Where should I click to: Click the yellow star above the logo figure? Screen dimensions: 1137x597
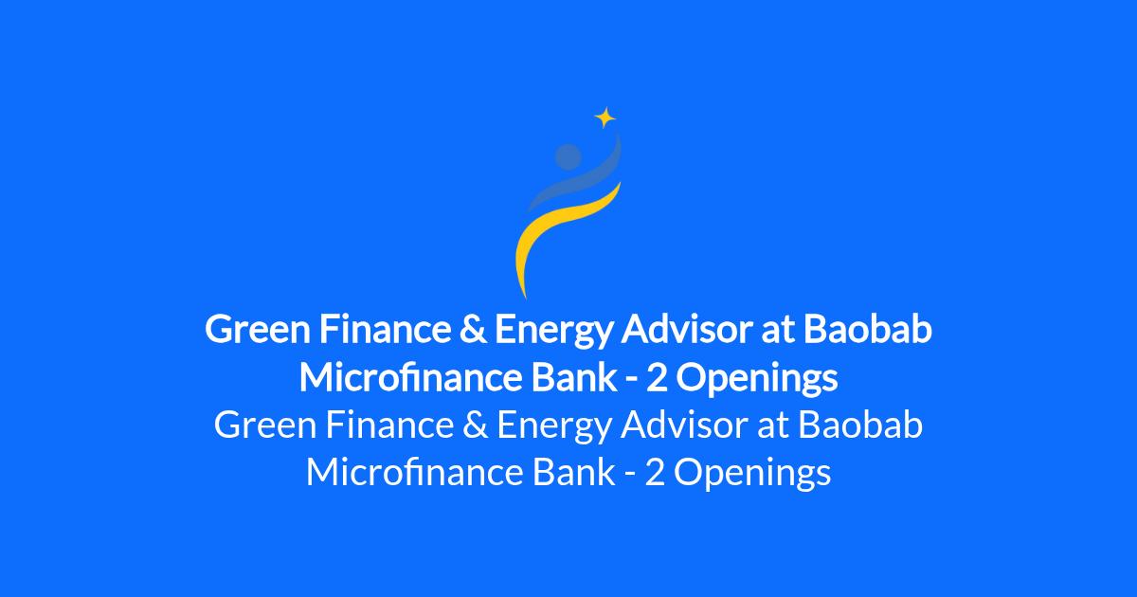[x=605, y=118]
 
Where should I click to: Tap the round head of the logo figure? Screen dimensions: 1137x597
[x=568, y=156]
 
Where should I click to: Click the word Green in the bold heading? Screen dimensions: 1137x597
[x=258, y=329]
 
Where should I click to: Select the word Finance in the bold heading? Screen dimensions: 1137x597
[x=385, y=329]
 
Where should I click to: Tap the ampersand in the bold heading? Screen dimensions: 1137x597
[x=473, y=329]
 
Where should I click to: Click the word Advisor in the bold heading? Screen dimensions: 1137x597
[x=686, y=329]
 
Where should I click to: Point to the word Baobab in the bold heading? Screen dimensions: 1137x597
[x=868, y=329]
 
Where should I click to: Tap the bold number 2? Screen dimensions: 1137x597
[x=657, y=378]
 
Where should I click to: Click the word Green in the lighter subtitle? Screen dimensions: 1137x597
[x=264, y=425]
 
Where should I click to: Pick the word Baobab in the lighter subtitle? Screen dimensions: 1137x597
[x=860, y=425]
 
